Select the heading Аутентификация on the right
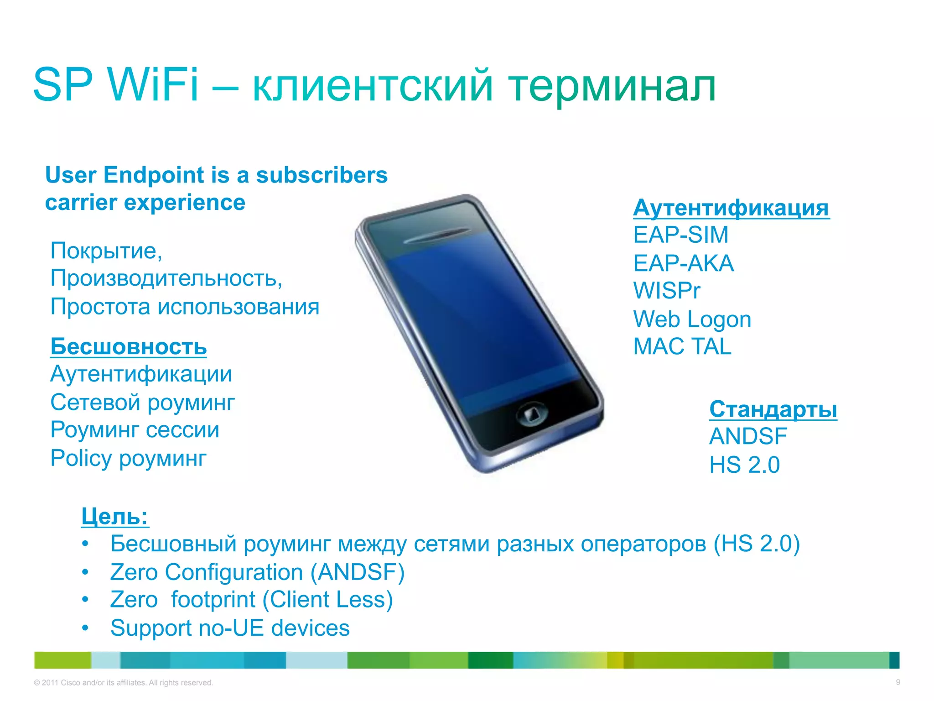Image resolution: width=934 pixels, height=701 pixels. pos(731,208)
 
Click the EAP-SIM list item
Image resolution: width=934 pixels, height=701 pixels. pos(681,235)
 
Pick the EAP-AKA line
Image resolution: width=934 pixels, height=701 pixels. pos(684,263)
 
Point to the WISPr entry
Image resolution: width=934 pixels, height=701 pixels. pos(666,291)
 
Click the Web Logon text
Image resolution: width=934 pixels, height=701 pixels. pos(692,319)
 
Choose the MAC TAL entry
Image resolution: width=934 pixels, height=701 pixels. pos(682,346)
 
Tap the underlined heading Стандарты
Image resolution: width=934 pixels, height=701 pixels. pos(773,409)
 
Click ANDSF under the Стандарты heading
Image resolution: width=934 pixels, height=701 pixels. pos(748,436)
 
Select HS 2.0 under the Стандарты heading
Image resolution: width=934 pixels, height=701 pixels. pos(744,465)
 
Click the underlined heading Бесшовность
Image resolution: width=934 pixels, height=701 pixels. pos(129,346)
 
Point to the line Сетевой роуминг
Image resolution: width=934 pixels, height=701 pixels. pos(142,403)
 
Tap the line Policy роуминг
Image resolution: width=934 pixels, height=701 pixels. pos(128,458)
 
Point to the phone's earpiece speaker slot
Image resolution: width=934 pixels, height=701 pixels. pos(437,236)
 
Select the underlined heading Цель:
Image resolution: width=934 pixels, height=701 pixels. pos(115,517)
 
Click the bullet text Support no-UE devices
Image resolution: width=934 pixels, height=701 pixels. pos(230,628)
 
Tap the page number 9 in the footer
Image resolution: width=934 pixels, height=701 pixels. pos(898,682)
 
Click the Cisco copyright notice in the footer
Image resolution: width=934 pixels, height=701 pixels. pos(123,683)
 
